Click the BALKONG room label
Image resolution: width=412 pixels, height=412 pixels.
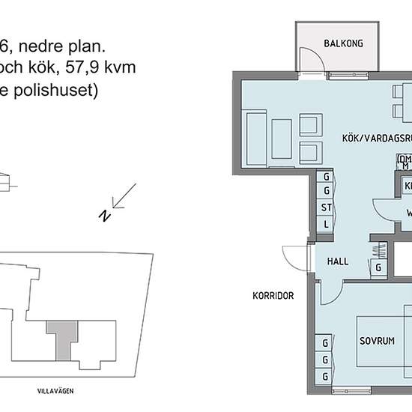pos(344,43)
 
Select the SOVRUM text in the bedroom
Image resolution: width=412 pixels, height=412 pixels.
pos(376,340)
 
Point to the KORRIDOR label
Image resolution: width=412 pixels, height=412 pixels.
pos(273,296)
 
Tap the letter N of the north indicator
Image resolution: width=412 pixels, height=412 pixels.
pos(103,216)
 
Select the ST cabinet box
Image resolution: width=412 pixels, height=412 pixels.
pos(327,207)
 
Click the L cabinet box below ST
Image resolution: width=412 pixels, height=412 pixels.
pos(327,223)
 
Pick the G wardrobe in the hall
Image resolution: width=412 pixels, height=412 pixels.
pos(379,267)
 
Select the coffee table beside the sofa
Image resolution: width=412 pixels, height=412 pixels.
pos(282,138)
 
